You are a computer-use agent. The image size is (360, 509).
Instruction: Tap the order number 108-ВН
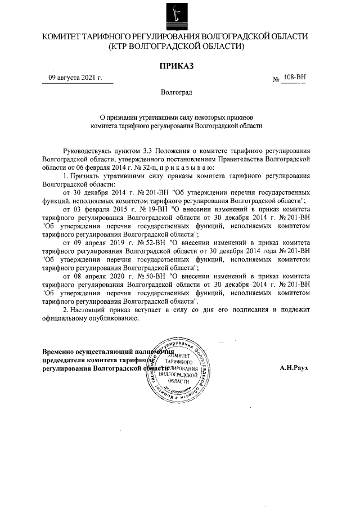click(295, 78)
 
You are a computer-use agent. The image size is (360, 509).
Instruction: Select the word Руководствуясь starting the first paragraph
click(91, 151)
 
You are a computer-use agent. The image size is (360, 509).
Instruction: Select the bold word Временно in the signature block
click(61, 352)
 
